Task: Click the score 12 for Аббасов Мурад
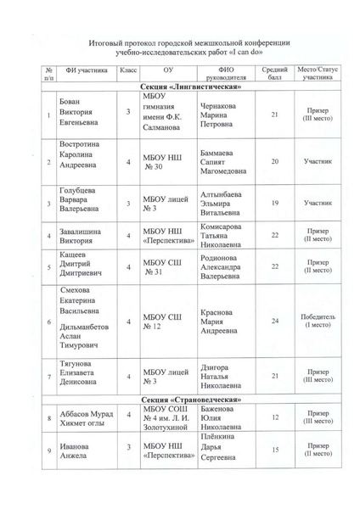[273, 417]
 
